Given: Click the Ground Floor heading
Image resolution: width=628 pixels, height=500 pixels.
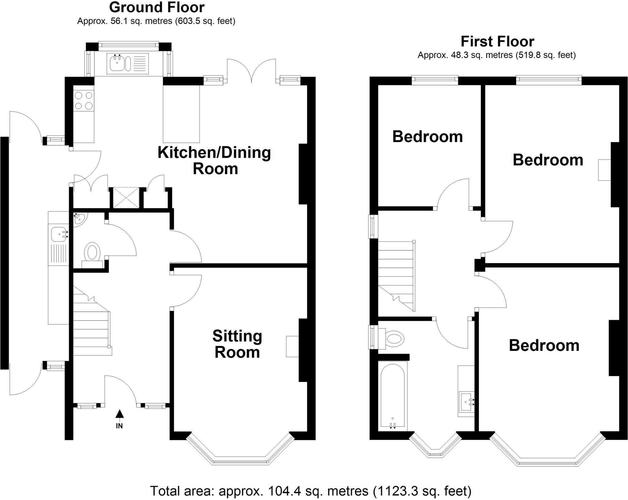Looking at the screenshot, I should pos(157,7).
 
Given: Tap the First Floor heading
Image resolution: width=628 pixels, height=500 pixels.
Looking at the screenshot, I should pos(497,41).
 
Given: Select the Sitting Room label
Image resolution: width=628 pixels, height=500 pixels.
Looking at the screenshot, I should pos(237,344).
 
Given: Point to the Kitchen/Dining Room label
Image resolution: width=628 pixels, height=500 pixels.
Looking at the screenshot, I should pos(214,160).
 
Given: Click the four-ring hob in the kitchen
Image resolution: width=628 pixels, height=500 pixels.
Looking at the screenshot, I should pos(84,101).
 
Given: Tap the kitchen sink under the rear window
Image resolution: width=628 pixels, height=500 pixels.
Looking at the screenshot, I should pos(117,63).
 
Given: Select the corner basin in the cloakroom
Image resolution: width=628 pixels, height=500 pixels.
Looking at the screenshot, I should pos(79,219).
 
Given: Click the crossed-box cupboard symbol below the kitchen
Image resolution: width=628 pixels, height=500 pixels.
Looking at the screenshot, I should pos(126,198).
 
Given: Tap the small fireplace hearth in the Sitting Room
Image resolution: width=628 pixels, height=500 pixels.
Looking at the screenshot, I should pos(292,346).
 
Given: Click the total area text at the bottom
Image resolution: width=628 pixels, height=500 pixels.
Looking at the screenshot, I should pos(310,491).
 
